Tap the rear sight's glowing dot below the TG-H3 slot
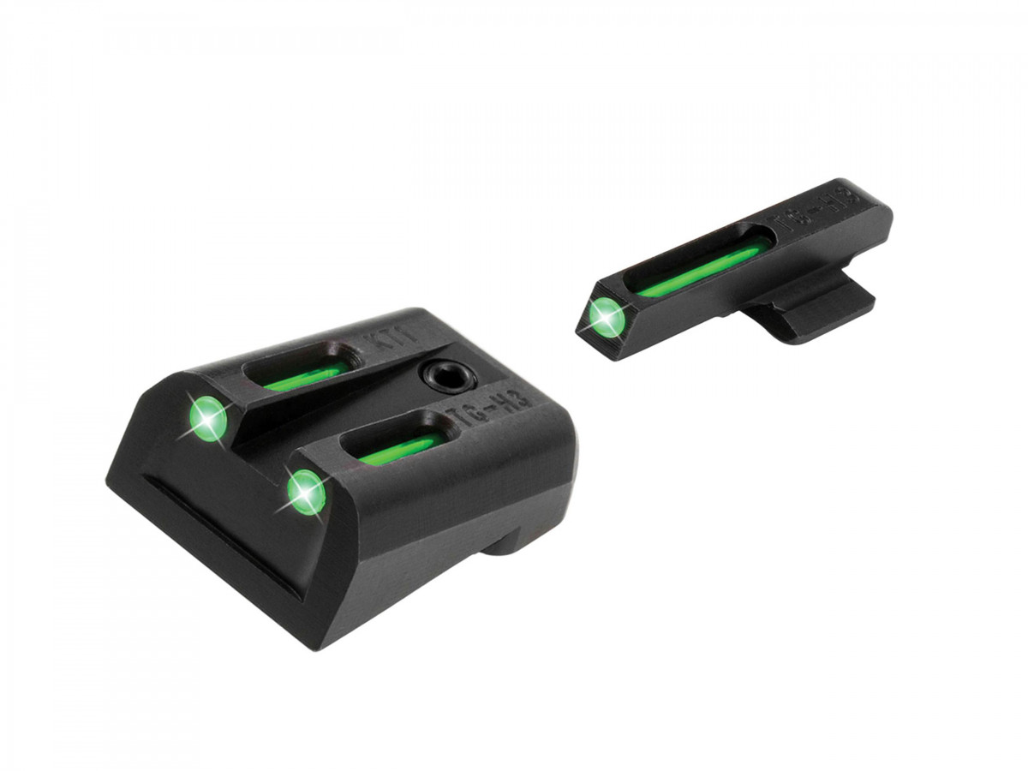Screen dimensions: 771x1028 coord(306,493)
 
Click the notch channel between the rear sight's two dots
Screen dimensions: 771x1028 coord(257,445)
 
